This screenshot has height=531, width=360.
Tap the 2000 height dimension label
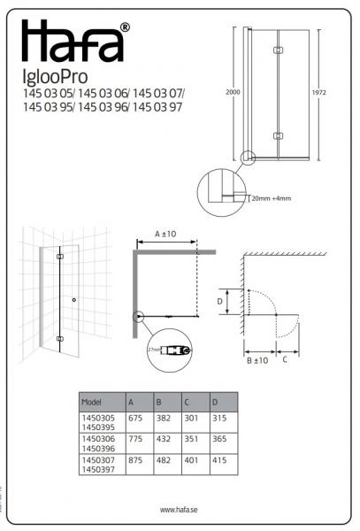point(228,92)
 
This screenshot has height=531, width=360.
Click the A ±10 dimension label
point(165,234)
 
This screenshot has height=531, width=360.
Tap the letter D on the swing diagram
point(220,301)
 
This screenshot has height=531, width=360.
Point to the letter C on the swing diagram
point(285,360)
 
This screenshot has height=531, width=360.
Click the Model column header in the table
point(92,402)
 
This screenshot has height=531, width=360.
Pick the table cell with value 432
point(164,439)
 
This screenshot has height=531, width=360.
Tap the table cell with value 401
point(192,461)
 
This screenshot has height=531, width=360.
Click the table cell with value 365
point(219,439)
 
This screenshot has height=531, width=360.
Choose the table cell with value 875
point(136,461)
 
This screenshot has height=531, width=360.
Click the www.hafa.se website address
point(179,509)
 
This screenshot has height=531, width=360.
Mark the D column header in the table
point(216,402)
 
